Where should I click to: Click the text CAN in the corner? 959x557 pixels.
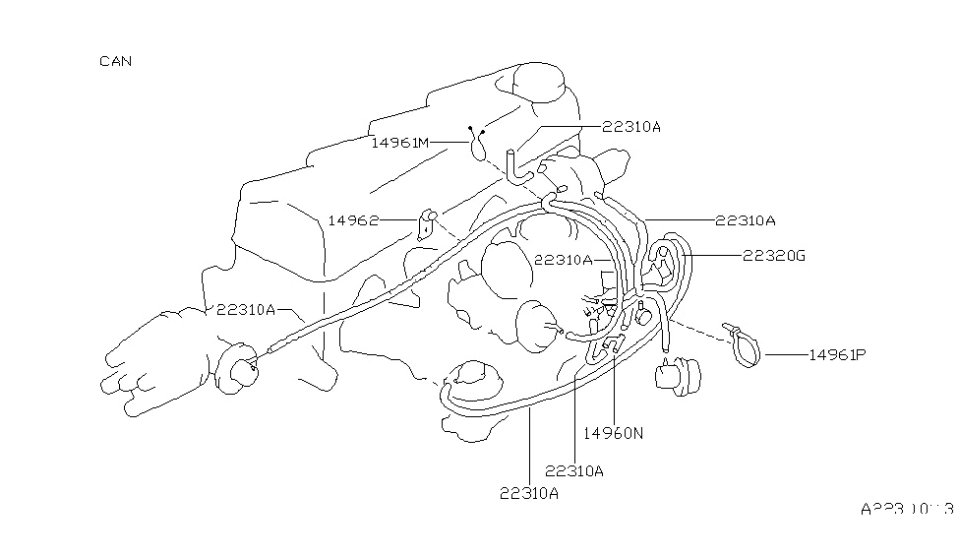click(x=116, y=61)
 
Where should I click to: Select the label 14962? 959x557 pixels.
click(x=353, y=221)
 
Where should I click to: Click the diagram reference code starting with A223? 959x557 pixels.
click(x=906, y=510)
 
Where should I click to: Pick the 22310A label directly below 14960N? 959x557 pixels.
click(x=573, y=470)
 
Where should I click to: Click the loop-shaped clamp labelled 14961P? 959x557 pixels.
click(x=747, y=347)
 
